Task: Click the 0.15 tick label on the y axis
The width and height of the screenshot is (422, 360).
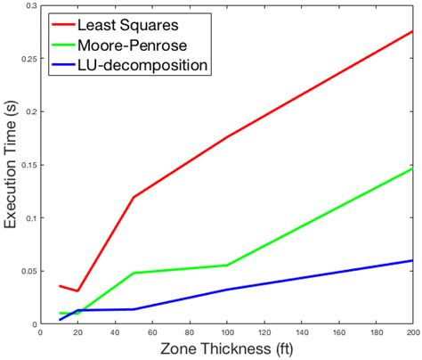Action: (x=28, y=165)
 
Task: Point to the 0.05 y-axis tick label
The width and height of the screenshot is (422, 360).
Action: (x=28, y=271)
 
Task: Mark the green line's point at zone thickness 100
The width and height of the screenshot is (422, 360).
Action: (x=227, y=265)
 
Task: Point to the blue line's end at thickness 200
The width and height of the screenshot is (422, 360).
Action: (x=413, y=260)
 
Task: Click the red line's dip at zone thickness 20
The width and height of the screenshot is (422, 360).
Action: (x=78, y=290)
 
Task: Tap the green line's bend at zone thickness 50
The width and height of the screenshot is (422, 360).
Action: (x=134, y=273)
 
